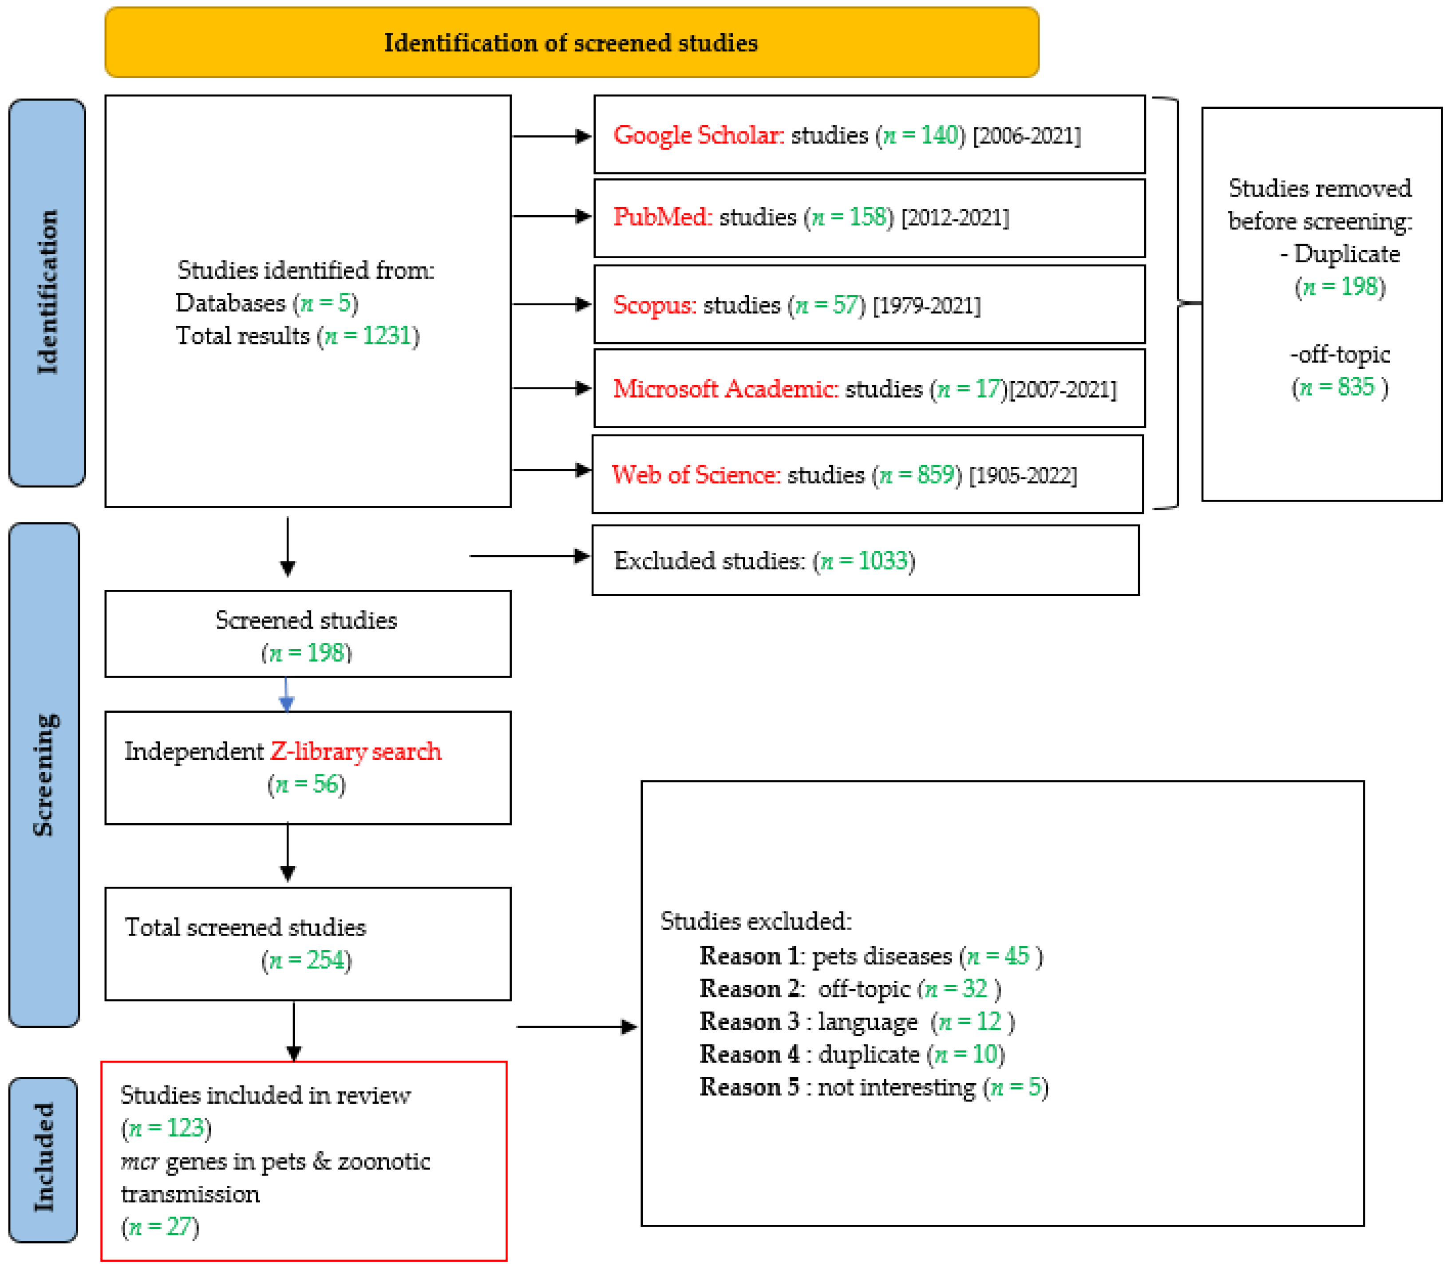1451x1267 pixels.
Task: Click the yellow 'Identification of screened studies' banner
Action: (571, 43)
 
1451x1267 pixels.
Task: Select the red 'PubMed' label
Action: (662, 217)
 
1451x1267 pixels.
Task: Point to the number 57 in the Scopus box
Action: (844, 305)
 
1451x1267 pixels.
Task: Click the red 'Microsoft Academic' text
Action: (725, 388)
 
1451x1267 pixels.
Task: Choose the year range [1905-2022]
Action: (1023, 475)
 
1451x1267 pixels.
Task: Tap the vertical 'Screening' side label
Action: (44, 774)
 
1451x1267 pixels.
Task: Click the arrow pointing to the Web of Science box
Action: (552, 470)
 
